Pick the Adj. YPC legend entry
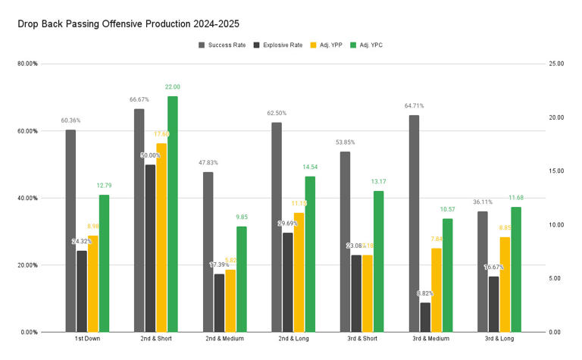pyautogui.click(x=374, y=45)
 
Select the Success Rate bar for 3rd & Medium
pyautogui.click(x=414, y=224)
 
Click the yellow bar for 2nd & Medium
pyautogui.click(x=230, y=301)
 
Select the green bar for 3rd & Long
pyautogui.click(x=517, y=269)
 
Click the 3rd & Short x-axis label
pyautogui.click(x=362, y=339)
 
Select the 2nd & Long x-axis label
pyautogui.click(x=293, y=339)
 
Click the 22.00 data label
pyautogui.click(x=173, y=87)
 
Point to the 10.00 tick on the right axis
pyautogui.click(x=555, y=225)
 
